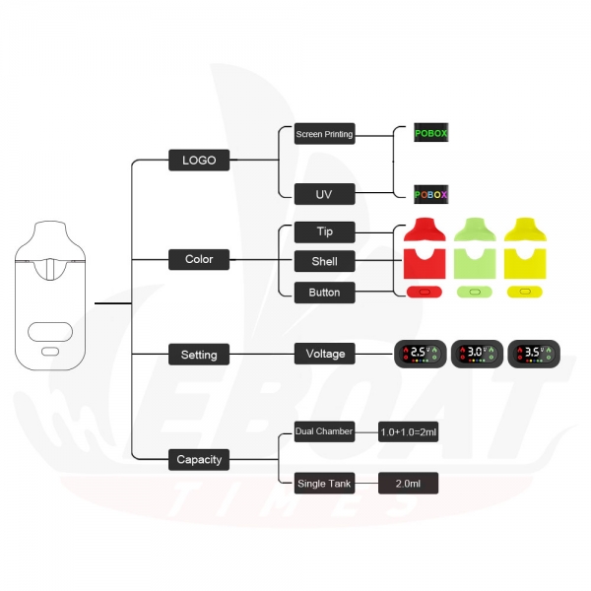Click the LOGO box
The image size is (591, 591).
tap(199, 161)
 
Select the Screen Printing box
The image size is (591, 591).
tap(324, 133)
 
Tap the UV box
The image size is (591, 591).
tap(324, 194)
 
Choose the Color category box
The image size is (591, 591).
tap(199, 259)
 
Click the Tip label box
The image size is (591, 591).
tap(324, 232)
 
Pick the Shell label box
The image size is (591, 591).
tap(324, 261)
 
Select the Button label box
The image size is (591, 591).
tap(324, 293)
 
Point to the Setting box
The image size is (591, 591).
tap(199, 355)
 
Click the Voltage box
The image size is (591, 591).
tap(324, 354)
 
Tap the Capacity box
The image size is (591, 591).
tap(199, 459)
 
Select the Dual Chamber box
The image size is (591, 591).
tap(324, 431)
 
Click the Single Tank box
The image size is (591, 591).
tap(324, 484)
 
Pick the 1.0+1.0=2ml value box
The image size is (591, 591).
tap(408, 432)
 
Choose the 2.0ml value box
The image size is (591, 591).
tap(408, 484)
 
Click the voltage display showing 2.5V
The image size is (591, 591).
tap(421, 354)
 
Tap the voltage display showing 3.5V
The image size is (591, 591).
tap(534, 354)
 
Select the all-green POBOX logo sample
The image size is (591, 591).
tap(431, 133)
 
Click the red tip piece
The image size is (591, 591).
tap(425, 230)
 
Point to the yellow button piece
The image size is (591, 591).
tap(525, 292)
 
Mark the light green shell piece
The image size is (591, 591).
tap(475, 267)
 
